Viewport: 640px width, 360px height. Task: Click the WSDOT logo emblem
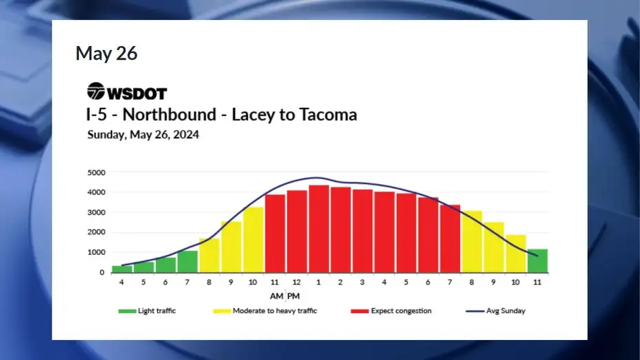(96, 91)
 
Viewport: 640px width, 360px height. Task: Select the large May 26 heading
(106, 53)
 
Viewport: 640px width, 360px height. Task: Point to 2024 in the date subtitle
(185, 135)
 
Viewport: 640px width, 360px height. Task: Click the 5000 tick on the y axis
(96, 172)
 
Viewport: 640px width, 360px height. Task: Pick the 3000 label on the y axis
(96, 212)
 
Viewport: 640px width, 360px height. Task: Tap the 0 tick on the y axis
(102, 273)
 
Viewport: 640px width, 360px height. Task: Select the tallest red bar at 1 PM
(319, 229)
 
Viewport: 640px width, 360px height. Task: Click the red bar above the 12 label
(297, 232)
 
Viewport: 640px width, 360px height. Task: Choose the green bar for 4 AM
(122, 269)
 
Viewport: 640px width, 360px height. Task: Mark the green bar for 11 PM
(538, 261)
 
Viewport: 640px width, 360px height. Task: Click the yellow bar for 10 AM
(253, 240)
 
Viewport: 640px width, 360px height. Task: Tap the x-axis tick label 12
(297, 282)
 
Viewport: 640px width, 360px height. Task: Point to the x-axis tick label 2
(341, 282)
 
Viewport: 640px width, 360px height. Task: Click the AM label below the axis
(276, 296)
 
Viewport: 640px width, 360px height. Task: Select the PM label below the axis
(293, 296)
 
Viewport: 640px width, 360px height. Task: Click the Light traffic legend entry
(147, 311)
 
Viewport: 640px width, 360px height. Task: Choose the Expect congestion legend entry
(391, 311)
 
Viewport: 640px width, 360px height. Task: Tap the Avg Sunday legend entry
(496, 311)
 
